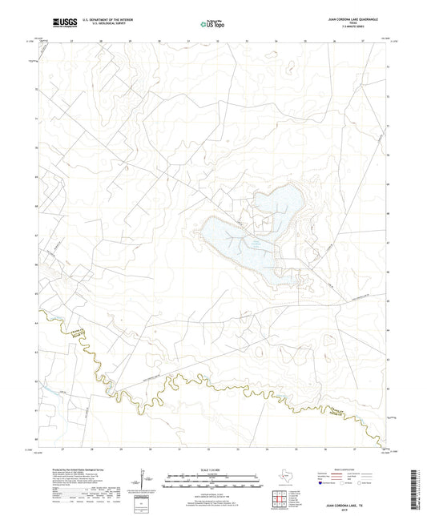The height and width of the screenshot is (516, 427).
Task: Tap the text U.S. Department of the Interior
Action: (x=103, y=17)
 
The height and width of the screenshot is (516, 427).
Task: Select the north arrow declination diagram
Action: (x=143, y=483)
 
